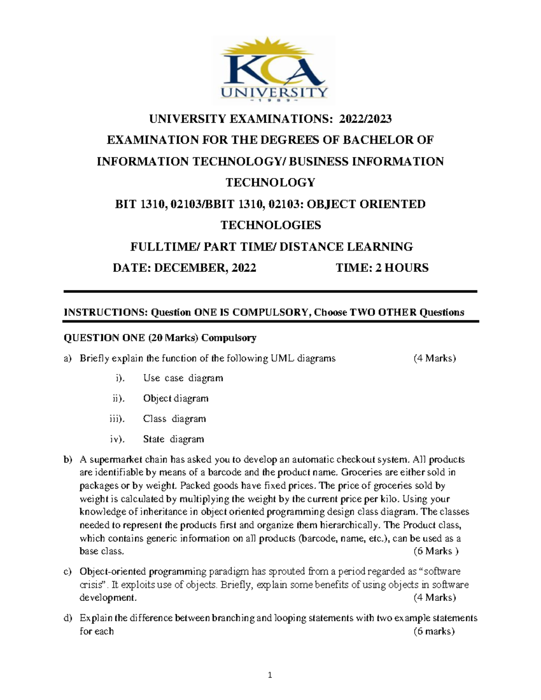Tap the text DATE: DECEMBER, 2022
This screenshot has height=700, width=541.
pyautogui.click(x=184, y=268)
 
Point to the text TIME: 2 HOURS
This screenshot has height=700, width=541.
pyautogui.click(x=382, y=268)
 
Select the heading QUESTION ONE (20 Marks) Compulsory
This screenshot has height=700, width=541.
pyautogui.click(x=160, y=338)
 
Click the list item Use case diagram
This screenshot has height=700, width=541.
pyautogui.click(x=183, y=378)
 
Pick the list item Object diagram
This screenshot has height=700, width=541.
pyautogui.click(x=176, y=398)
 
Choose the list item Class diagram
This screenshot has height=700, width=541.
pyautogui.click(x=174, y=419)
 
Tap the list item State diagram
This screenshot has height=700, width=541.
pyautogui.click(x=174, y=439)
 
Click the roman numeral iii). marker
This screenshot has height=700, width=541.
pyautogui.click(x=117, y=419)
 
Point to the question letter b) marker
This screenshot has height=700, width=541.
pyautogui.click(x=68, y=460)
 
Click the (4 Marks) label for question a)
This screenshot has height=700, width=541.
pyautogui.click(x=435, y=359)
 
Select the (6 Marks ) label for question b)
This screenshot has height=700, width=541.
pyautogui.click(x=436, y=551)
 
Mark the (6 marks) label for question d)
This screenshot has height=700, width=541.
pyautogui.click(x=434, y=631)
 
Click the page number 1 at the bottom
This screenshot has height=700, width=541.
pyautogui.click(x=270, y=675)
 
